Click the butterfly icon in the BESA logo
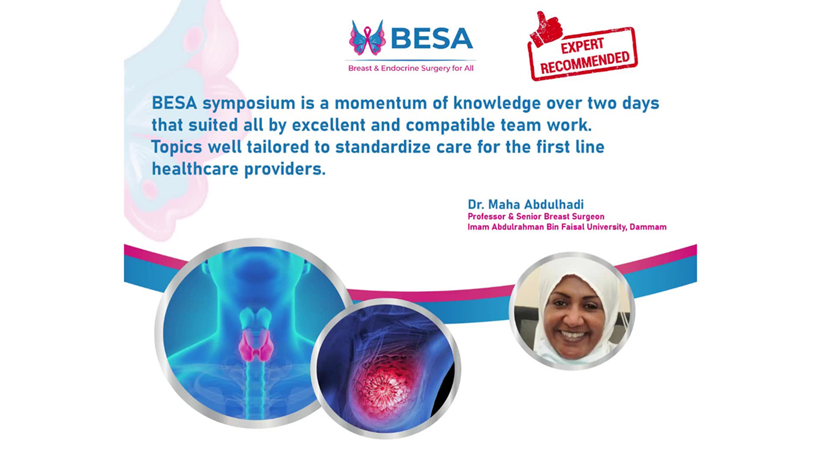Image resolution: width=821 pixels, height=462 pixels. pos(367,38)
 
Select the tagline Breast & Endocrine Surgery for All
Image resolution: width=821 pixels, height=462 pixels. pos(411,68)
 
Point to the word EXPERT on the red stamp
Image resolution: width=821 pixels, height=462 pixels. pos(582,46)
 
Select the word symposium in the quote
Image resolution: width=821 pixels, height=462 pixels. pos(249,104)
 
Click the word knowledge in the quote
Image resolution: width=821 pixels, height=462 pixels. pos(497,104)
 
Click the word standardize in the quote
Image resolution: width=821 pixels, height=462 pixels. pos(383,147)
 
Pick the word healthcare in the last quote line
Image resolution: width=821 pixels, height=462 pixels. pos(195,169)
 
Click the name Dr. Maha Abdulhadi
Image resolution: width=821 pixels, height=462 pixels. pos(526,205)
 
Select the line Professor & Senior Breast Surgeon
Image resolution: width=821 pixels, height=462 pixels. pos(536,217)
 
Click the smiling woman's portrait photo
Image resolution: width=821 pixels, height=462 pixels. pos(572,311)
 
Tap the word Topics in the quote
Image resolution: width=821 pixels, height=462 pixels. pos(177,147)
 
